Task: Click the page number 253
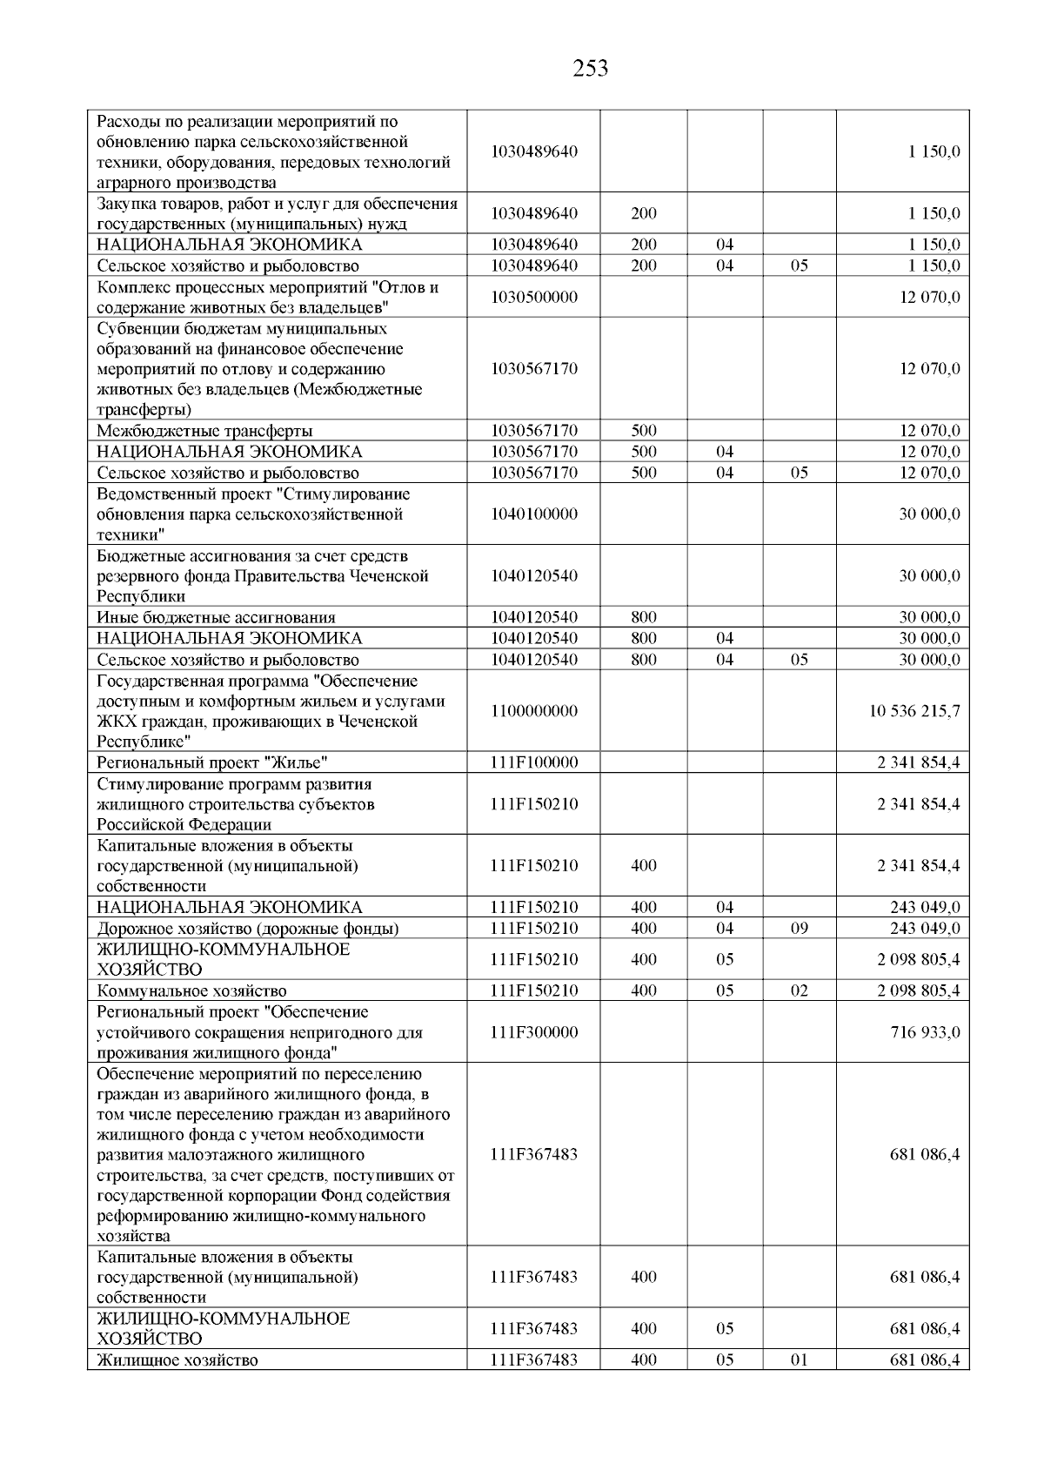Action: (x=591, y=68)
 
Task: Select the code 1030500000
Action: (x=533, y=298)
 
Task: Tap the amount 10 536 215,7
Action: (x=914, y=711)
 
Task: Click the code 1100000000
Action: (x=533, y=711)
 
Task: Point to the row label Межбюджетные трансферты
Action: (x=204, y=431)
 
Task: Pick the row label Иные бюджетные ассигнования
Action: (x=216, y=618)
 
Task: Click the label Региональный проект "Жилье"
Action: (x=212, y=763)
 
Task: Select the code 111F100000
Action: (x=533, y=763)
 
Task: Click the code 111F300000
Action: (x=533, y=1032)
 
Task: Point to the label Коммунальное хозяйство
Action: (x=191, y=991)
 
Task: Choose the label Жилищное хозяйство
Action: (x=177, y=1360)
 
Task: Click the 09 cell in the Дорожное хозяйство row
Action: (x=799, y=929)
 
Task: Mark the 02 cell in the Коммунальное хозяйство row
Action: (x=799, y=991)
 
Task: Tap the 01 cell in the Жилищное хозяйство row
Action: (x=799, y=1360)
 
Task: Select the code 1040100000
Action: (x=533, y=514)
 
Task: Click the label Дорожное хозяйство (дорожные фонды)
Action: (x=248, y=929)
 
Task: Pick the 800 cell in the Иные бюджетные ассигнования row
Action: (x=643, y=618)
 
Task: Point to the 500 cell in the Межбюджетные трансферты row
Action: (x=643, y=431)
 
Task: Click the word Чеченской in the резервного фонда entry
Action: (x=389, y=576)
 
